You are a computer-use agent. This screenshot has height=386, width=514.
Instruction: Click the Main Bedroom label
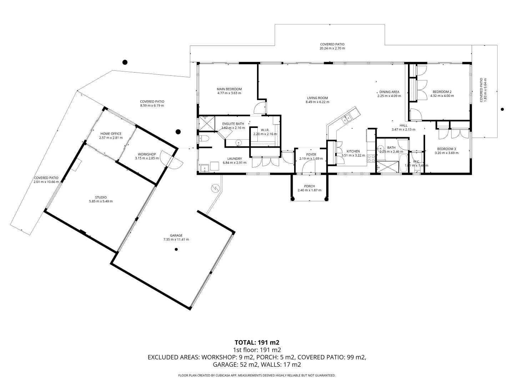pos(229,89)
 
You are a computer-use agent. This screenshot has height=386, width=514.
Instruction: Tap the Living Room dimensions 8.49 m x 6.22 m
pos(317,102)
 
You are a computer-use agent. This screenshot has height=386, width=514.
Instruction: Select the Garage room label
pos(176,235)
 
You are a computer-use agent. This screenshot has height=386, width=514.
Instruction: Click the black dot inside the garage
pos(176,249)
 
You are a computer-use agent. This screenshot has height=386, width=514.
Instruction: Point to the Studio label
pos(101,197)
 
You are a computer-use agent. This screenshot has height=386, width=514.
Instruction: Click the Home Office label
pos(111,134)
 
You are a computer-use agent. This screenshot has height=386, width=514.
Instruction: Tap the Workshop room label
pos(147,154)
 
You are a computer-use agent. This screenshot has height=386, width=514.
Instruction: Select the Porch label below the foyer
pos(309,186)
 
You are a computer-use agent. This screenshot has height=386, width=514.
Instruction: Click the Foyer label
pos(311,155)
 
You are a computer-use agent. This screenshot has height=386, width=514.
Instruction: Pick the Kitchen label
pos(353,151)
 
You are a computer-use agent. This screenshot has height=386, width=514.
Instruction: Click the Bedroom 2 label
pos(442,91)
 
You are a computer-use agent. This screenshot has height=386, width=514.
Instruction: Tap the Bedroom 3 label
pos(447,149)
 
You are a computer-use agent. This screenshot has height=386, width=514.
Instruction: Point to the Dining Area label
pos(389,92)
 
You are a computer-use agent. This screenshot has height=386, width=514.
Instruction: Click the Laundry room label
pos(235,159)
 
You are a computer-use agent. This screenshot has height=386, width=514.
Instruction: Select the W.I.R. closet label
pos(265,130)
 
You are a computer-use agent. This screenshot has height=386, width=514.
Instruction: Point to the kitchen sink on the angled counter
pos(346,119)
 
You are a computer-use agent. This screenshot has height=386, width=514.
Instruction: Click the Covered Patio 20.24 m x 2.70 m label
pos(332,44)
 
